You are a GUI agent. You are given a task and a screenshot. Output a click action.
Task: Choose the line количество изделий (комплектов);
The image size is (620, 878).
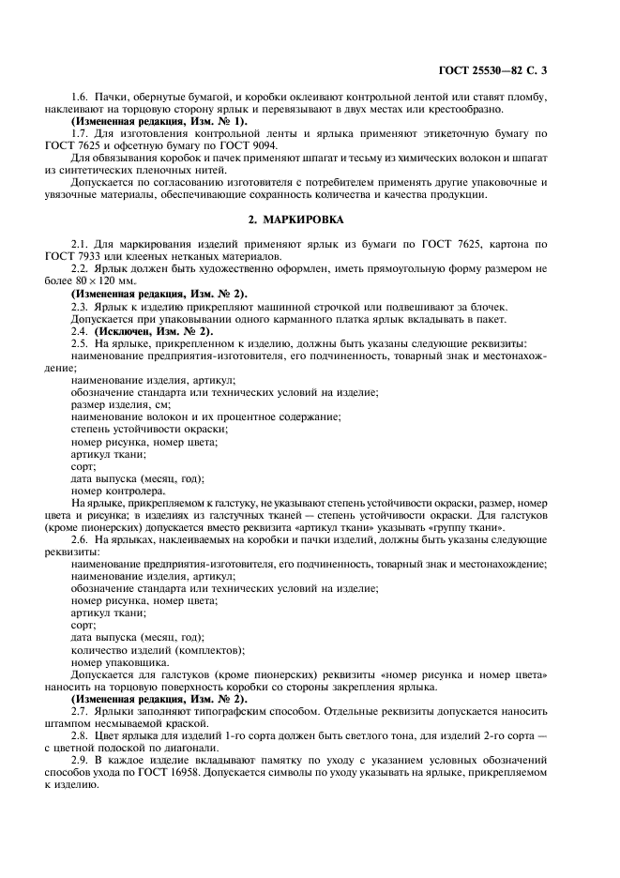tap(158, 649)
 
